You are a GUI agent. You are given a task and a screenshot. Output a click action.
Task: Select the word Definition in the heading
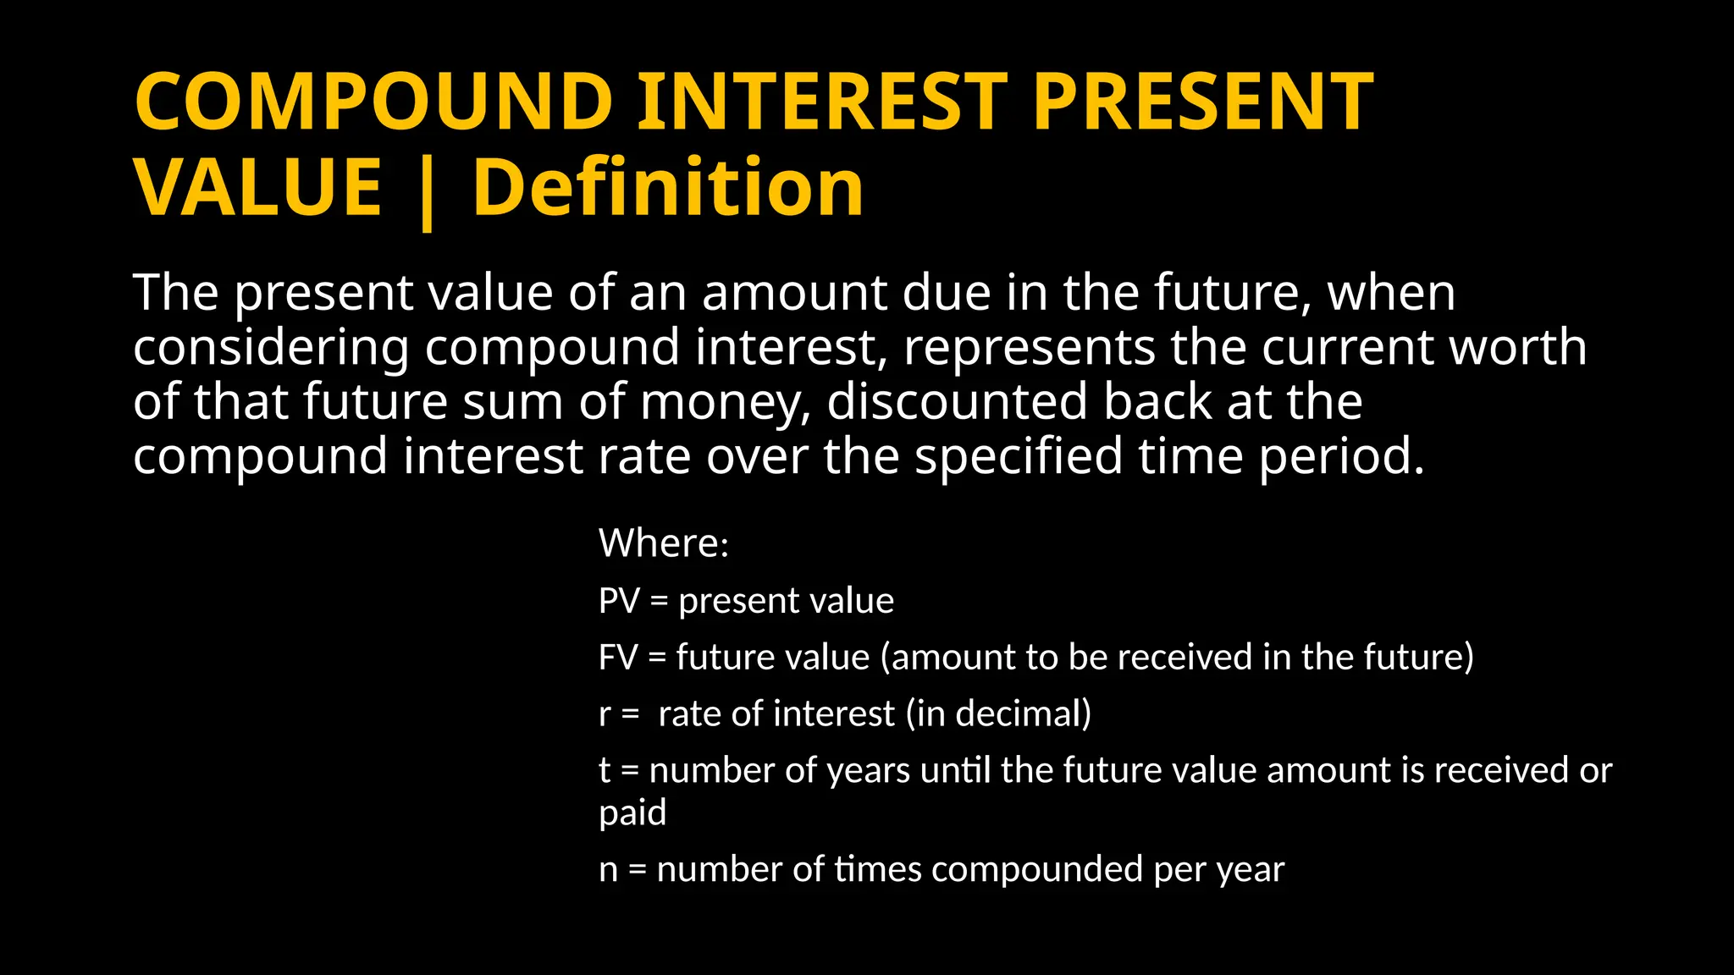(668, 188)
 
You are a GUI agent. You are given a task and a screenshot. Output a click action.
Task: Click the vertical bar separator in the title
(427, 191)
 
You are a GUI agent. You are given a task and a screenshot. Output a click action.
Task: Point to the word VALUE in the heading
(258, 188)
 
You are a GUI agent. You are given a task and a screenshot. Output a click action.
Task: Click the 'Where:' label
(664, 543)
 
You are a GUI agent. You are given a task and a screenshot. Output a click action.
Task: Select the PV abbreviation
(619, 601)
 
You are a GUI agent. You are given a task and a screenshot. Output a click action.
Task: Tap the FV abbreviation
(618, 658)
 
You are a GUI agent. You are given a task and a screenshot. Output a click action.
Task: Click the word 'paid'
(632, 813)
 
